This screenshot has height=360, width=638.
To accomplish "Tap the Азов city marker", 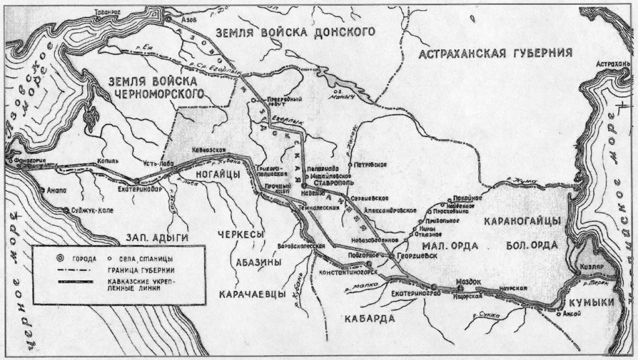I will [x=168, y=20].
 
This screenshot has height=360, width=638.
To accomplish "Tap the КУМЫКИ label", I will [x=592, y=301].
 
